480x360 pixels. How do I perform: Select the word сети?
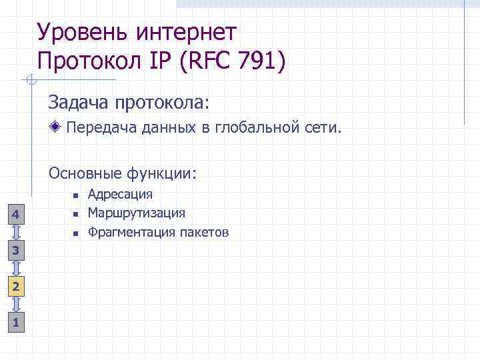323,127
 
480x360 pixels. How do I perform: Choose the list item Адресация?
120,194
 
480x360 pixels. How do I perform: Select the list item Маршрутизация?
137,213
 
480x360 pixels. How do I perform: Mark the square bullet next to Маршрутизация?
76,214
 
